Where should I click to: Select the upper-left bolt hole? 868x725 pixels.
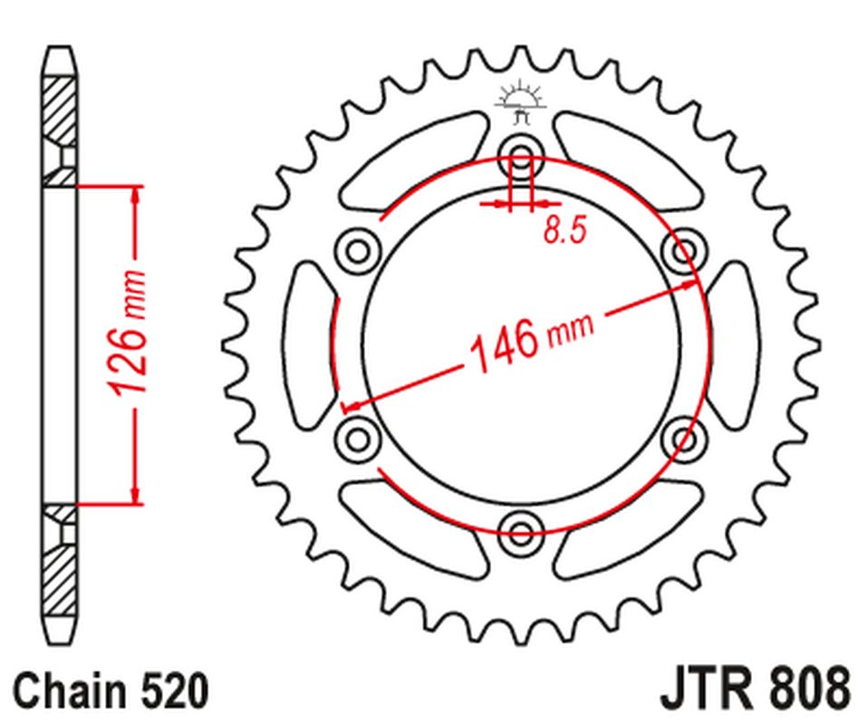[358, 247]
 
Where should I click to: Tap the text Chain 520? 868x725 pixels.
[110, 691]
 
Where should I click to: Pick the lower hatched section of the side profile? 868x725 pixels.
[58, 566]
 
